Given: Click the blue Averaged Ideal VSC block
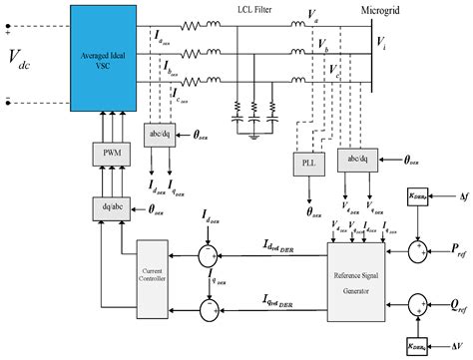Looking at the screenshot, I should (x=103, y=56).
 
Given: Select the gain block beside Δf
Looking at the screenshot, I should (x=420, y=199).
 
